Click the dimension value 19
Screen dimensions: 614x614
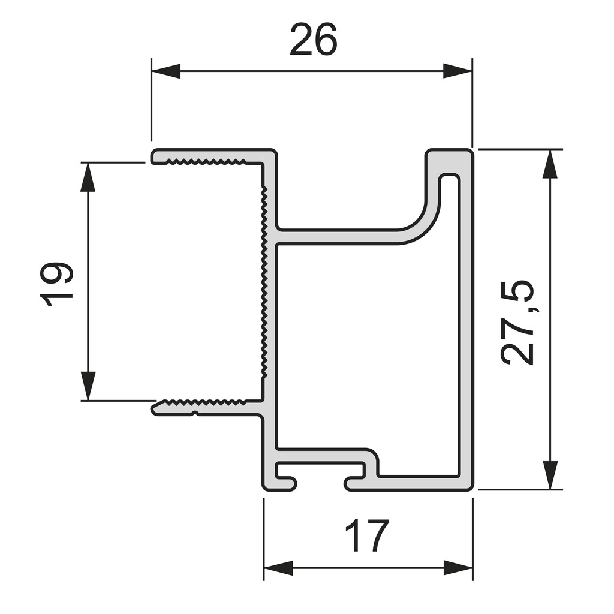point(58,283)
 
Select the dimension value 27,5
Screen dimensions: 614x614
point(517,321)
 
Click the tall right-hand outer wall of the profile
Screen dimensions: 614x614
point(466,324)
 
